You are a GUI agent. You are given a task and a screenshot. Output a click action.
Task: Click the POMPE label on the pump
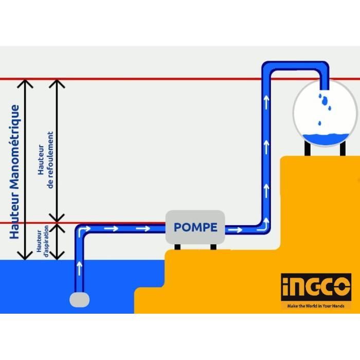point(195,227)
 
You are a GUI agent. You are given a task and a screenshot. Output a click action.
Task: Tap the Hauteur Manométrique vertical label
point(14,172)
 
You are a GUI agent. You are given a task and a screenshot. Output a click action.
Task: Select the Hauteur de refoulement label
point(45,160)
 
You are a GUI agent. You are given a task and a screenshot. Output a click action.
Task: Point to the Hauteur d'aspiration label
point(43,241)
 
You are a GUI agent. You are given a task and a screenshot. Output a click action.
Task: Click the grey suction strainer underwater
point(79,300)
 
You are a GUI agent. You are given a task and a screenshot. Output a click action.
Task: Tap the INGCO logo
point(316,287)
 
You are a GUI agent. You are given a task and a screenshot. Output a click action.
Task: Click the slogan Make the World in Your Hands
point(316,306)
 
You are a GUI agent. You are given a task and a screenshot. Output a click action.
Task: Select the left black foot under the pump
point(177,247)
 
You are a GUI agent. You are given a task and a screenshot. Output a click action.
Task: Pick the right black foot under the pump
point(213,247)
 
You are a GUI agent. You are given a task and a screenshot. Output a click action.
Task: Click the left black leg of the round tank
point(308,148)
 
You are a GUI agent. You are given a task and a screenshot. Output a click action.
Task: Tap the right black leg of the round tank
point(343,148)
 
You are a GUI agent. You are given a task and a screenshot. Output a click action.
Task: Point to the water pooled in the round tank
point(326,139)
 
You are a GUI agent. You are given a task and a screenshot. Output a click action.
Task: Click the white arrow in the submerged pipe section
point(79,268)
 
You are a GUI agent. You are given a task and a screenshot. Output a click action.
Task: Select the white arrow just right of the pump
point(235,229)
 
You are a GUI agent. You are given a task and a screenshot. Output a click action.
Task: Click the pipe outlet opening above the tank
point(324,89)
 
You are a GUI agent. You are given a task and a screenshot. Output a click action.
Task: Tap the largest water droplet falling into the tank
point(325,101)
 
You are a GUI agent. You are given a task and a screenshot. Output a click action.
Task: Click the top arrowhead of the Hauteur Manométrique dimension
point(25,83)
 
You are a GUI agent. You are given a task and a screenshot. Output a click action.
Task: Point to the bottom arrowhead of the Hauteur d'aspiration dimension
point(57,256)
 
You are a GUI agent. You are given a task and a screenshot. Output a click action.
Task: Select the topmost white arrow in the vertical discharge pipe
point(266,103)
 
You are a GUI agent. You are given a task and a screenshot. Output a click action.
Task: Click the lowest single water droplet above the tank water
point(319,123)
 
